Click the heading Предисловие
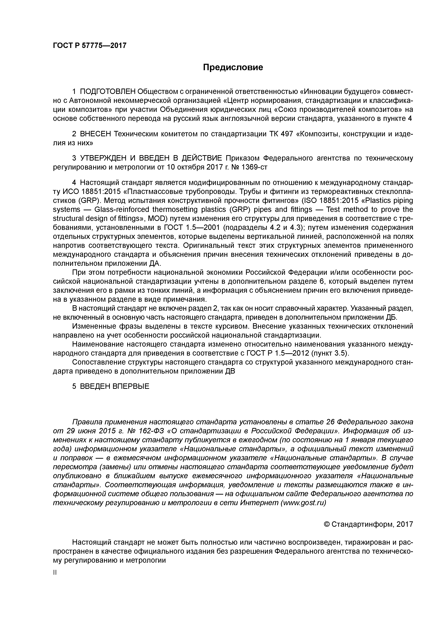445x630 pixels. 233,67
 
